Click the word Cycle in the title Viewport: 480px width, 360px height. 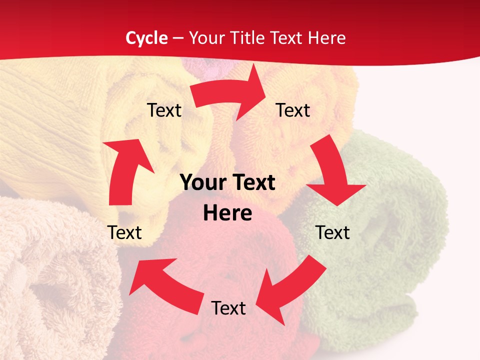tap(146, 38)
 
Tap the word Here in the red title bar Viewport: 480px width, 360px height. tap(327, 38)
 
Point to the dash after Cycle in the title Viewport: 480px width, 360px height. tap(178, 38)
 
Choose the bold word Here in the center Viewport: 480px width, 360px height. tap(227, 213)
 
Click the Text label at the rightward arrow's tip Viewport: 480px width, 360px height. tap(293, 110)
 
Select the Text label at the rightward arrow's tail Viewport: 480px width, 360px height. tap(164, 110)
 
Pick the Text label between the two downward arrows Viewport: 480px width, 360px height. tap(332, 232)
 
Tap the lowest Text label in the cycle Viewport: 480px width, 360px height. tap(228, 308)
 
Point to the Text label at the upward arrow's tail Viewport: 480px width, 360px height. tap(124, 232)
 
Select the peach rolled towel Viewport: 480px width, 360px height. tap(55, 280)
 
